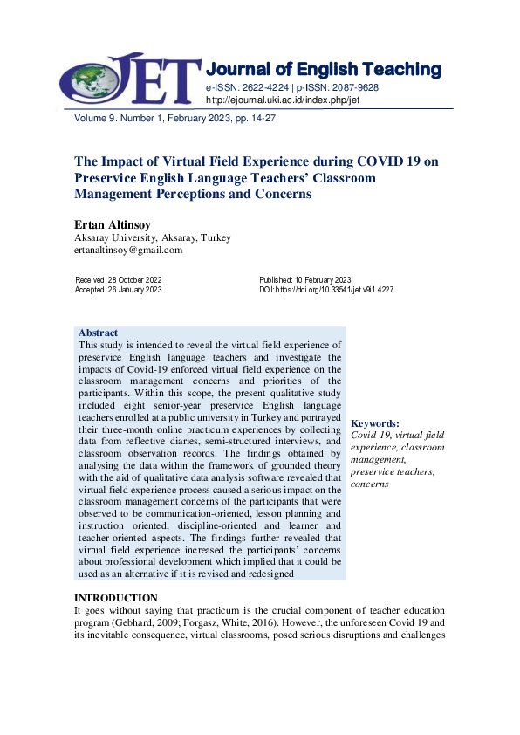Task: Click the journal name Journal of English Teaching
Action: [x=323, y=69]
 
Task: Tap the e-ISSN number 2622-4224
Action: [x=263, y=88]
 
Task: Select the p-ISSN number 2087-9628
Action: [x=353, y=88]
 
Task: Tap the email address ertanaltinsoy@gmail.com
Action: [x=128, y=250]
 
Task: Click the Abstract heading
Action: [x=98, y=333]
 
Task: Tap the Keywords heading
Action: [x=374, y=422]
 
